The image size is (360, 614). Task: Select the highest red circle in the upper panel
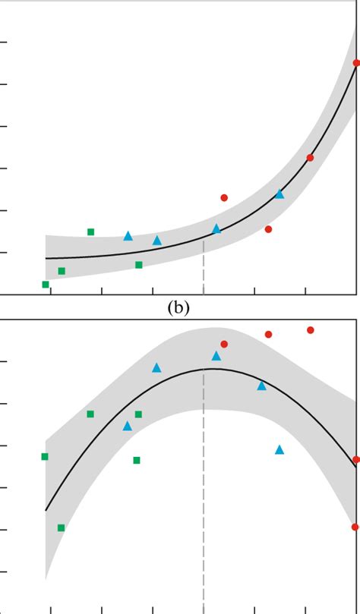[x=356, y=63]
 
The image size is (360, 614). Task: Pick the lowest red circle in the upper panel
[x=268, y=228]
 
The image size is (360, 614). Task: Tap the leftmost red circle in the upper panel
[x=224, y=197]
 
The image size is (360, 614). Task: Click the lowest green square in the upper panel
[x=46, y=285]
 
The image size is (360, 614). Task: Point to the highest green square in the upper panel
[x=90, y=231]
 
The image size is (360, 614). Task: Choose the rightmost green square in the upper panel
[x=138, y=265]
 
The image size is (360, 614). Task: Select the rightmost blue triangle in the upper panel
[x=279, y=194]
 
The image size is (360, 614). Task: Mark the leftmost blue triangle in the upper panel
[x=128, y=235]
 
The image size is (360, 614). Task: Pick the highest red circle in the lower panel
[x=311, y=329]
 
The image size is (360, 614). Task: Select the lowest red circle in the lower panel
[x=355, y=527]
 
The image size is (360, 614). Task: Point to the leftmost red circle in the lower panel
[x=224, y=344]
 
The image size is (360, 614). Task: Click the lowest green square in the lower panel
[x=61, y=527]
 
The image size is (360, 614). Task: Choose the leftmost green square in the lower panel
[x=45, y=456]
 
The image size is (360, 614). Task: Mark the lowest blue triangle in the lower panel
[x=279, y=449]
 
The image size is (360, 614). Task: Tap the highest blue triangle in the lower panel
[x=216, y=355]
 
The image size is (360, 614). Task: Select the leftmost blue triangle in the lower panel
[x=128, y=426]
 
